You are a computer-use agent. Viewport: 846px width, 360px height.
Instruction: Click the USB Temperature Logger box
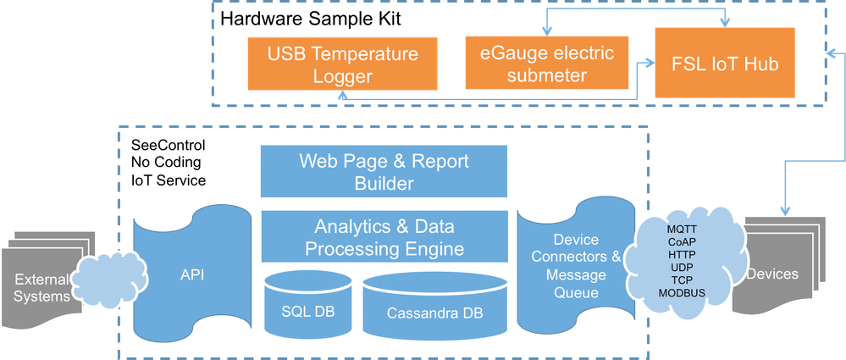pos(343,65)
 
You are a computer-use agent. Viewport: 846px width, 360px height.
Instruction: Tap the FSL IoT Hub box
pos(725,64)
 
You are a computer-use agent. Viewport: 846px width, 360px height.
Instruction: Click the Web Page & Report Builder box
pos(384,171)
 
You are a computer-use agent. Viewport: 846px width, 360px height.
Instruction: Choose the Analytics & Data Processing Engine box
pos(384,237)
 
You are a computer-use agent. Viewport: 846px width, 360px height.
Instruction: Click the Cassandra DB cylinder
pos(434,308)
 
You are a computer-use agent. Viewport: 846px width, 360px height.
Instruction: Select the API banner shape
pos(193,274)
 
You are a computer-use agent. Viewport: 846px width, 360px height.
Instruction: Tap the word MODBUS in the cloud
pos(682,293)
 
